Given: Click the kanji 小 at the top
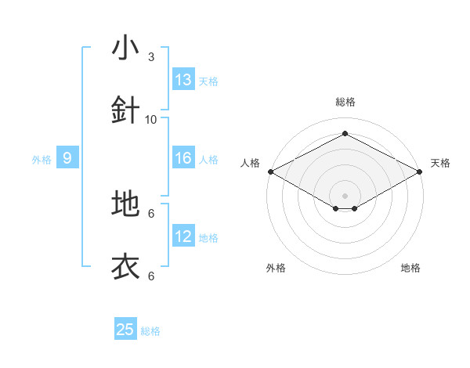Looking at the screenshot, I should (125, 48).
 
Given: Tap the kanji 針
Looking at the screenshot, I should (125, 110).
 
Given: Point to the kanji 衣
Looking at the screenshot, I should (125, 267).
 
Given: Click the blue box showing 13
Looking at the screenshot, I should (183, 80).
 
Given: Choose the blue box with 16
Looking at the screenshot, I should (183, 158).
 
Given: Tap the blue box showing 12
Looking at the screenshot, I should (183, 236).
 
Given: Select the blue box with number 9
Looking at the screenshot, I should (67, 158).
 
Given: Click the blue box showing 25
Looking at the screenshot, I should (125, 330).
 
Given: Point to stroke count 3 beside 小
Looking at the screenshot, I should (151, 56).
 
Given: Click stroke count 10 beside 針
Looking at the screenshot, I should (151, 119).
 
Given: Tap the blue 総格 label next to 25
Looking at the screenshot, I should (150, 331).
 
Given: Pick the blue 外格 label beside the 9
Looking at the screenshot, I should (42, 160).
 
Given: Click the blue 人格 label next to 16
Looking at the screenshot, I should (208, 160).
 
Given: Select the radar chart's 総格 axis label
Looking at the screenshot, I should (345, 102).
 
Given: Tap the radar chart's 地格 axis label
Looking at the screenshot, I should (410, 268).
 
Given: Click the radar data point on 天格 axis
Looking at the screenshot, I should (421, 171).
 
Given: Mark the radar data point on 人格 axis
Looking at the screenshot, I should (270, 171).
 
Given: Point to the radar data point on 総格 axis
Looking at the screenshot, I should (345, 134).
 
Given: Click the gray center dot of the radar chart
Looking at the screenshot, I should (345, 194).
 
